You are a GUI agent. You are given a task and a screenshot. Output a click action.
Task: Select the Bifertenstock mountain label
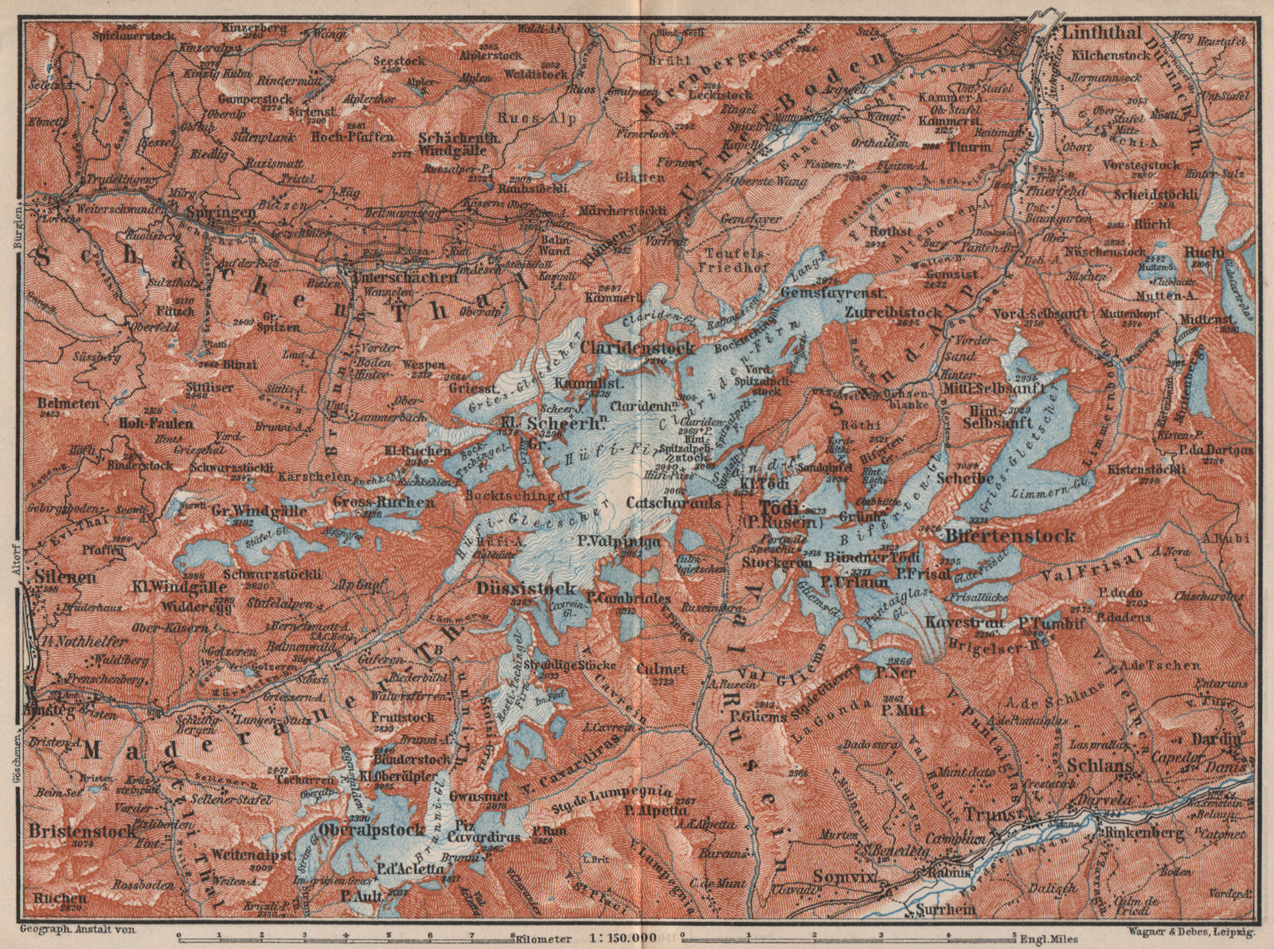point(1010,535)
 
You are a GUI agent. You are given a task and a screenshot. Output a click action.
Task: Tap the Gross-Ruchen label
point(384,502)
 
